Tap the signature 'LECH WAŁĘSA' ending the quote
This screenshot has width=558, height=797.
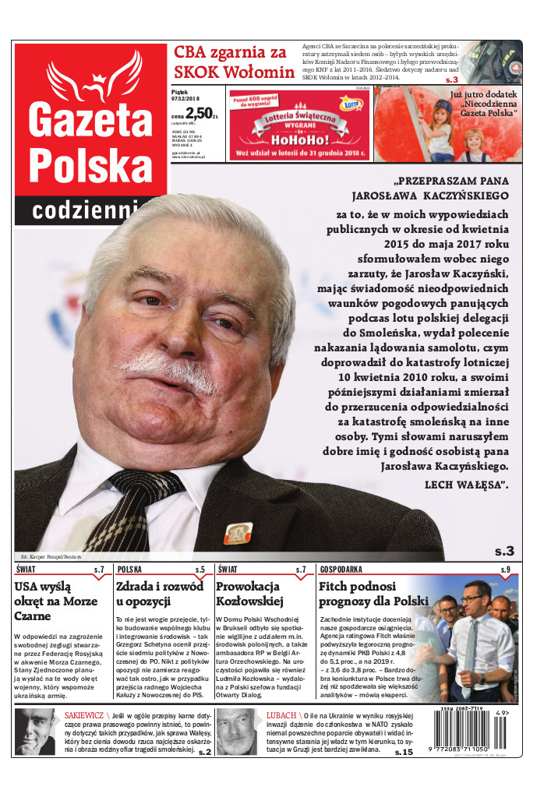click(467, 485)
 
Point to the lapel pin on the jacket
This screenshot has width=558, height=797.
click(236, 534)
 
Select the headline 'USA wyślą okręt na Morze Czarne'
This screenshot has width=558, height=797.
click(55, 601)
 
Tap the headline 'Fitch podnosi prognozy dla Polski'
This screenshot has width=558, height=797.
click(374, 593)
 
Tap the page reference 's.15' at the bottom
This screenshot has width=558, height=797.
click(404, 752)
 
